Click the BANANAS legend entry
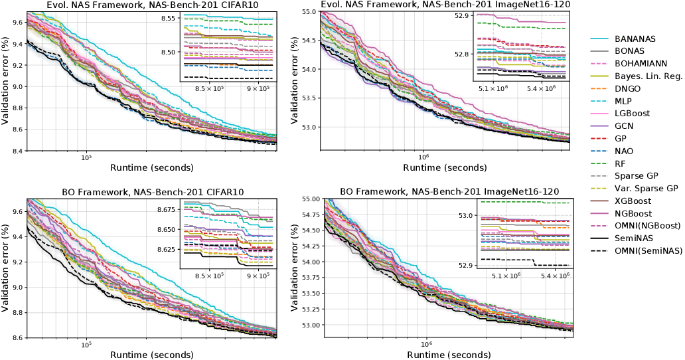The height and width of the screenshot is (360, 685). click(635, 39)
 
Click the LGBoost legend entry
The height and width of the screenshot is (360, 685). click(632, 114)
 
